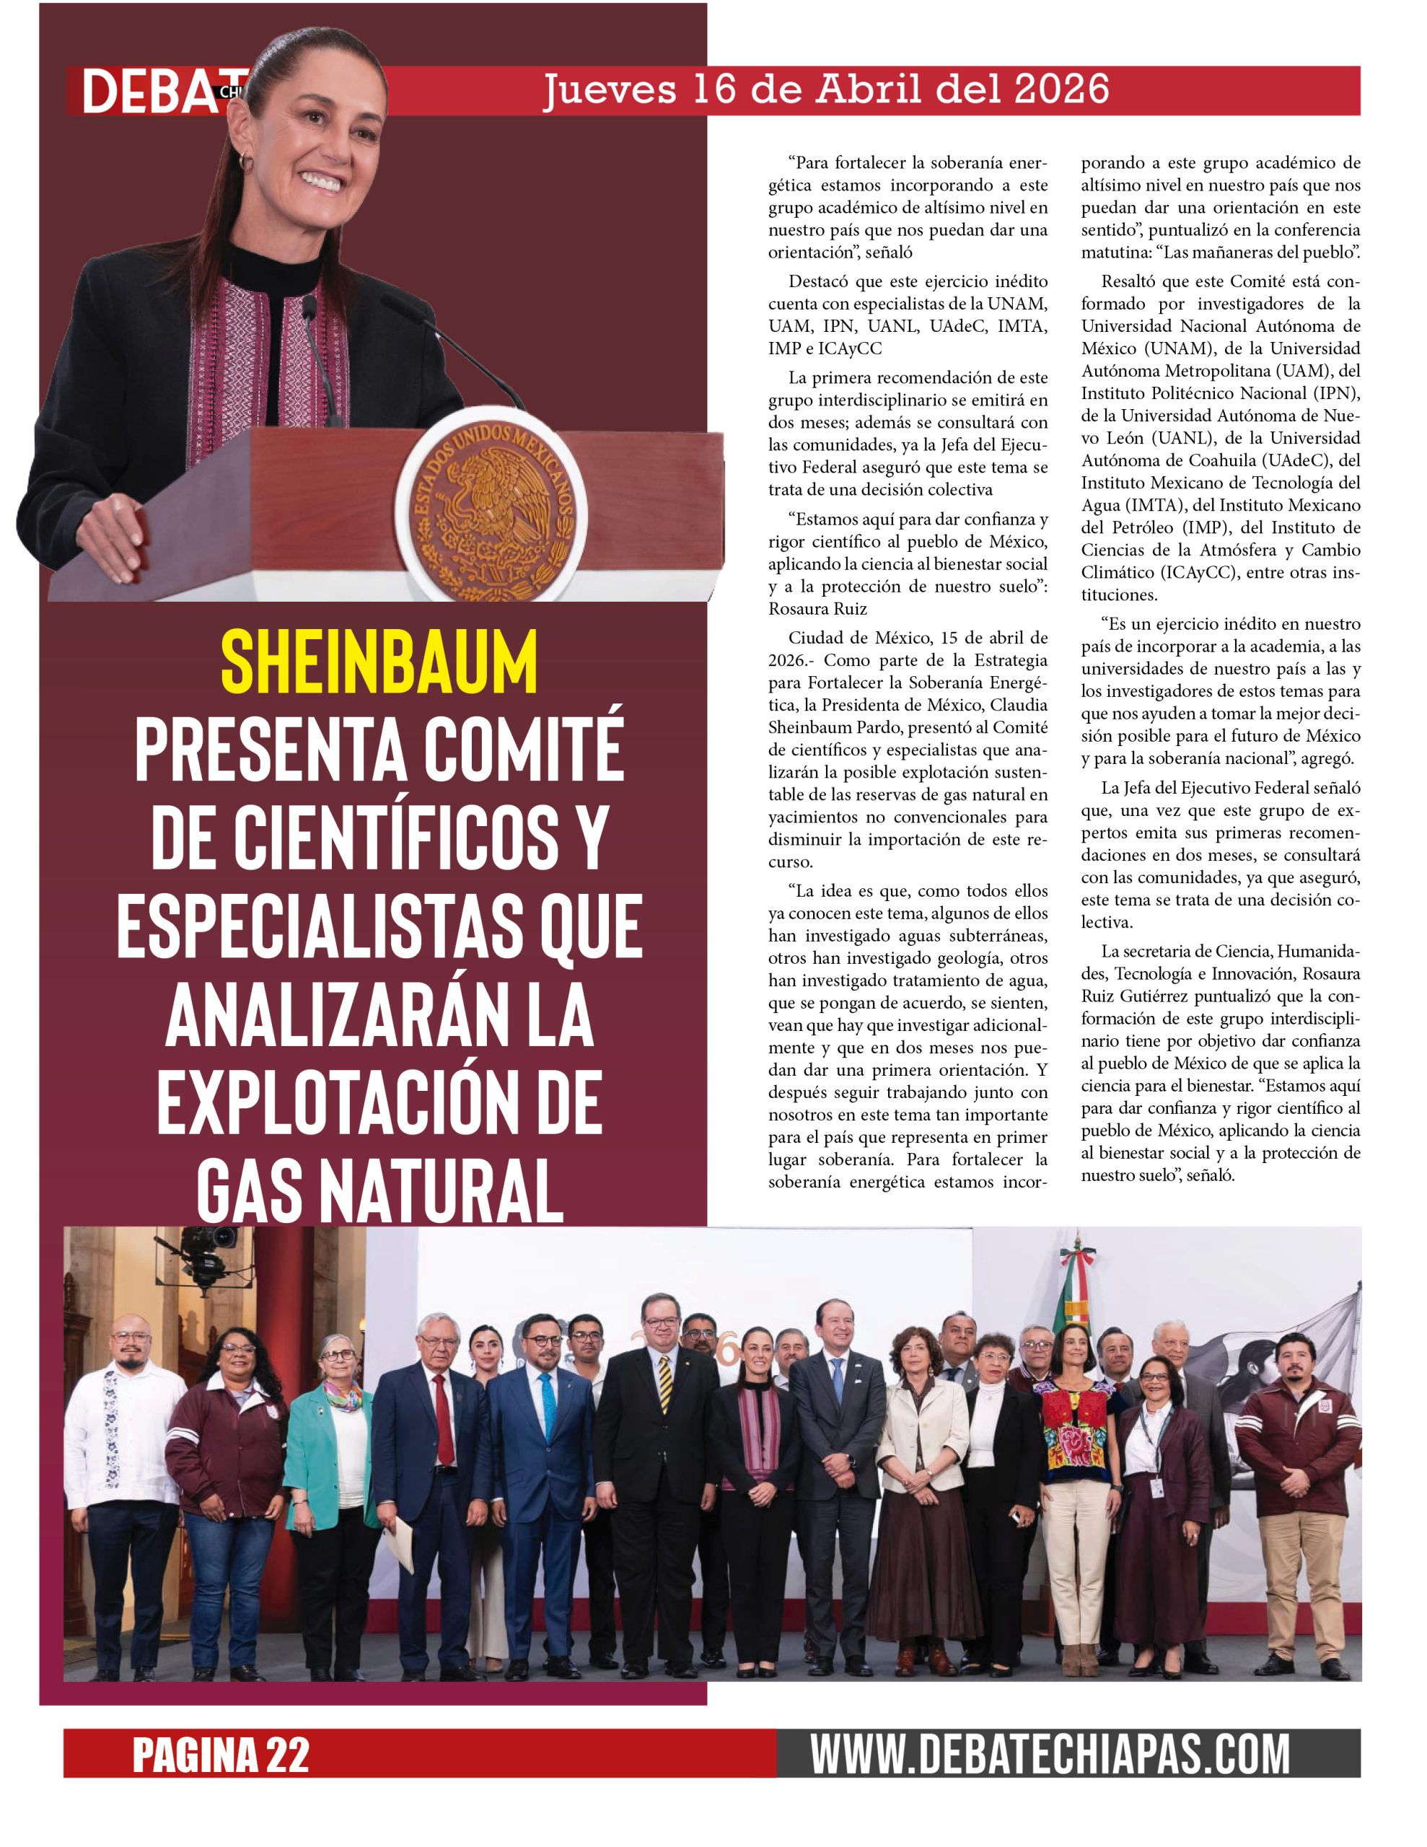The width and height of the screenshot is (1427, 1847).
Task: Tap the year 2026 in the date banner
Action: (1061, 89)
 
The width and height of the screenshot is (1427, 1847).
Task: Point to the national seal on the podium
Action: (491, 505)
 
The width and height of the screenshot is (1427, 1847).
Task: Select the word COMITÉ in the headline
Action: (523, 750)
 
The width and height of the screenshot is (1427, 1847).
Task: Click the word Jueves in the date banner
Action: (609, 89)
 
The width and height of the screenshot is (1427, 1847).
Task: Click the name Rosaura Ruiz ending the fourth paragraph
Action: (817, 608)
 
